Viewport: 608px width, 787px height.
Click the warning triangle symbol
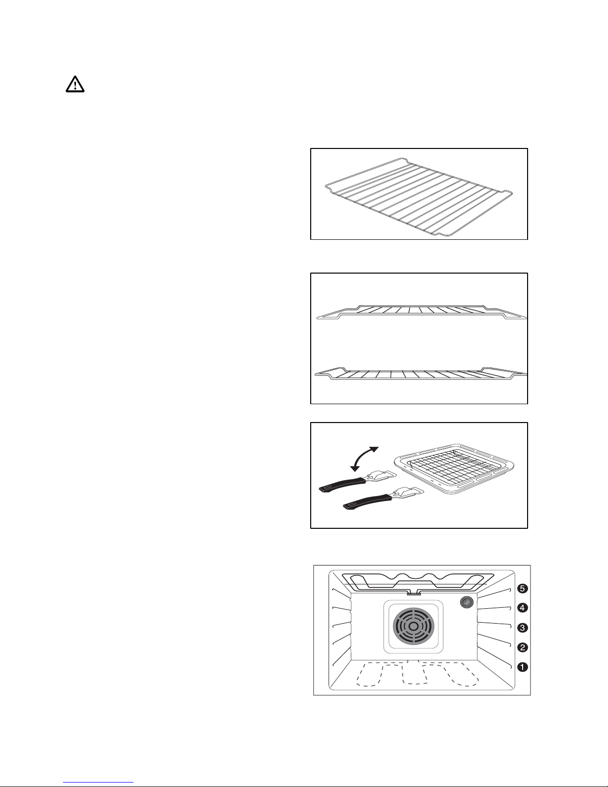pyautogui.click(x=75, y=84)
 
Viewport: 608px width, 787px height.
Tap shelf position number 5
pyautogui.click(x=522, y=588)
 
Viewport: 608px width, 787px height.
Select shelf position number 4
pyautogui.click(x=522, y=608)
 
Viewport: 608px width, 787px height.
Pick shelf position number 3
pyautogui.click(x=522, y=628)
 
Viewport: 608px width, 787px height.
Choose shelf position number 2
pyautogui.click(x=522, y=647)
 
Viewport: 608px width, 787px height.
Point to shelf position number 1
pyautogui.click(x=522, y=667)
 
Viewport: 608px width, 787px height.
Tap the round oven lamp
pyautogui.click(x=467, y=603)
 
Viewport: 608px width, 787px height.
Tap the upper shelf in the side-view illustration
pyautogui.click(x=421, y=312)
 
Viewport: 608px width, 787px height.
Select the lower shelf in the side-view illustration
pyautogui.click(x=421, y=373)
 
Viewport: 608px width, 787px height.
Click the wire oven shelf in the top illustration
pyautogui.click(x=419, y=197)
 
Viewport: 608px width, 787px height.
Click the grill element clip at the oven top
pyautogui.click(x=413, y=593)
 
